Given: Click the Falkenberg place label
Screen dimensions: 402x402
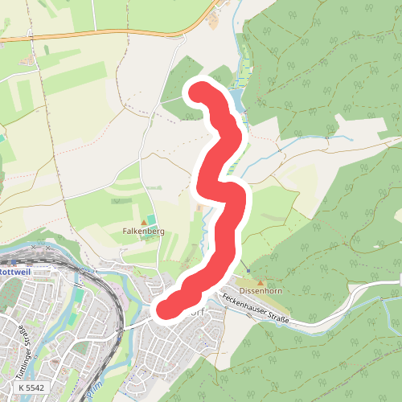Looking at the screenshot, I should click(x=144, y=231).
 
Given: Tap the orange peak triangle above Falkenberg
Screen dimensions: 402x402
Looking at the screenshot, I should click(x=145, y=221).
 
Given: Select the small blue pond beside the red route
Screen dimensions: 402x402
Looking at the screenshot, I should click(x=236, y=100).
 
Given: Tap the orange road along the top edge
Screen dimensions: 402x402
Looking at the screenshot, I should click(x=105, y=34).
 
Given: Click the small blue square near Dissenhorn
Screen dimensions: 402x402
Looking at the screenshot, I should click(x=249, y=269).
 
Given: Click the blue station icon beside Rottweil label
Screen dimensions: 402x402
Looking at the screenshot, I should click(x=2, y=272).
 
